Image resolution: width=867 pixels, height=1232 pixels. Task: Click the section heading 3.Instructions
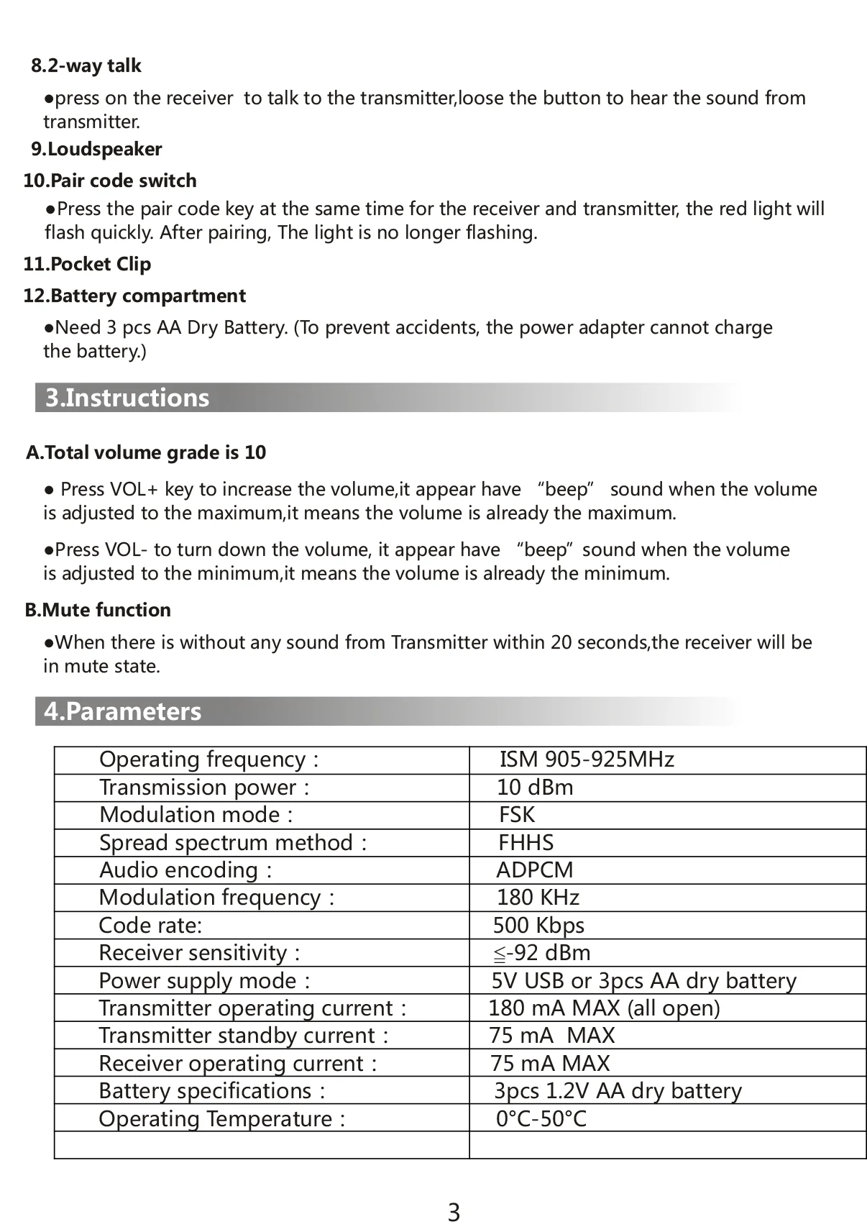[x=127, y=398]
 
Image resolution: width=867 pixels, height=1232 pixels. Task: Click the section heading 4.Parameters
[x=123, y=711]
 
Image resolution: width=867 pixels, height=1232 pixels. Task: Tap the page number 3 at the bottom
[x=454, y=1213]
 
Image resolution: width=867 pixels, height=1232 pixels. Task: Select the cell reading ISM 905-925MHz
[x=587, y=759]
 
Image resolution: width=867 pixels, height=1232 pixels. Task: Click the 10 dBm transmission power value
[x=535, y=788]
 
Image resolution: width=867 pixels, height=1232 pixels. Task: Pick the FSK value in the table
[x=517, y=815]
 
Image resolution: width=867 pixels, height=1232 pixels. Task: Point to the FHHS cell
[x=526, y=843]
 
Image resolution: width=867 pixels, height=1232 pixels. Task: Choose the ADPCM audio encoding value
[x=535, y=870]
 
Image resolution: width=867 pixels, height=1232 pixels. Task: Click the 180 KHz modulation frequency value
[x=538, y=898]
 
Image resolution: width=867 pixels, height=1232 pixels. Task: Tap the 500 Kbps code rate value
[x=538, y=926]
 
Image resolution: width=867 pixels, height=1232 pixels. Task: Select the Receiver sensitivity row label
[x=199, y=953]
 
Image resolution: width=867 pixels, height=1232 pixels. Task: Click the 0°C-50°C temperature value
[x=541, y=1119]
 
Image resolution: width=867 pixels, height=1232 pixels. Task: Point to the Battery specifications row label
[x=212, y=1091]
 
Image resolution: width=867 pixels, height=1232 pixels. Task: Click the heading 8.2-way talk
[x=86, y=66]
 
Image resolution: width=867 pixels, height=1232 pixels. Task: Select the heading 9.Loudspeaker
[x=96, y=150]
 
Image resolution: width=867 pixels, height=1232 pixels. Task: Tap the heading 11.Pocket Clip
[x=87, y=264]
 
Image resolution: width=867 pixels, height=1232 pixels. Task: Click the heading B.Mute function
[x=98, y=610]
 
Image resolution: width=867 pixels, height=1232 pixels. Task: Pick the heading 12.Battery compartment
[x=134, y=296]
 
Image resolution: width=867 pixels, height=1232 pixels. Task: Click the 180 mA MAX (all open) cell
[x=604, y=1008]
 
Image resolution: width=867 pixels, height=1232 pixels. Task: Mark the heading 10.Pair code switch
[x=110, y=181]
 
